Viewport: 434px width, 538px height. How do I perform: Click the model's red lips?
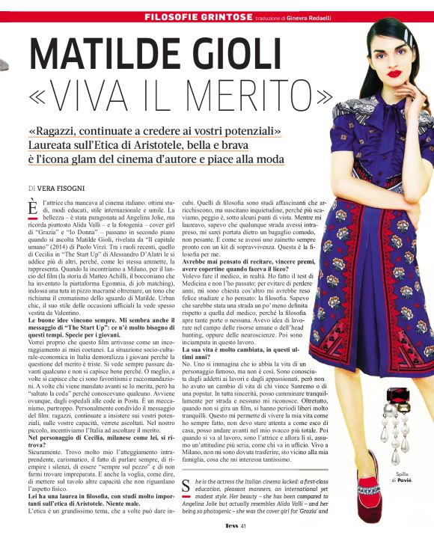click(373, 73)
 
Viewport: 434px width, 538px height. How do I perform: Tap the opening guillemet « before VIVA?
click(44, 96)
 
